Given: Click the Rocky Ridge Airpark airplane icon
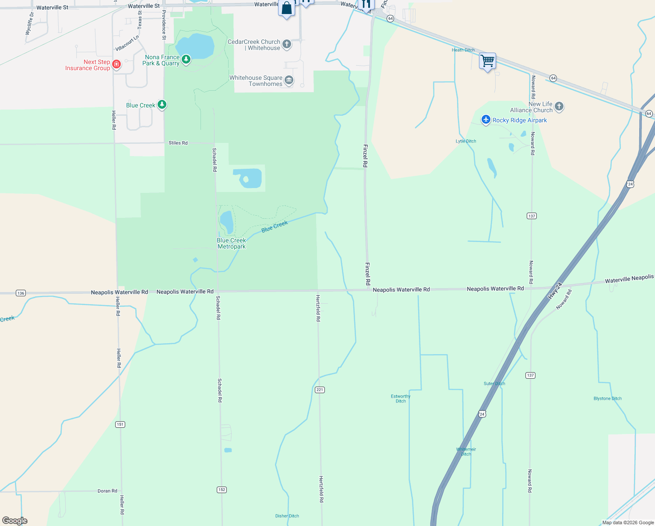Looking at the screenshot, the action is tap(486, 120).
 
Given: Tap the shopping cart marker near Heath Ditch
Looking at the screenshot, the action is tap(487, 60).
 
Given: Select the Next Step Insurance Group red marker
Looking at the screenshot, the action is tap(116, 65).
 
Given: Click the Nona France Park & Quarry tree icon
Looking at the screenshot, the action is tap(186, 59).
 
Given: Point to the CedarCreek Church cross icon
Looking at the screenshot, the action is tap(287, 44).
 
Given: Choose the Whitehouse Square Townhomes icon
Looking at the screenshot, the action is tap(289, 80).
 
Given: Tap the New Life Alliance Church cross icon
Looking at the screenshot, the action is tap(559, 107).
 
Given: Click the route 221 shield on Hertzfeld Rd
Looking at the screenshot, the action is tap(320, 390).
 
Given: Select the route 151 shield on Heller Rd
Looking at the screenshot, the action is tap(120, 424).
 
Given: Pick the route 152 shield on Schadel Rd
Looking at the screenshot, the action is tap(222, 490).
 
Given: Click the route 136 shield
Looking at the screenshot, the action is tap(21, 293).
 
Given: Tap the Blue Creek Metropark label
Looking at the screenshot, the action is tap(232, 243).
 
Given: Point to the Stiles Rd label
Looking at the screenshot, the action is tap(178, 143).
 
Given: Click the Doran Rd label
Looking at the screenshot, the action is tap(107, 491).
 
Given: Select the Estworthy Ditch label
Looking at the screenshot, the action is tap(401, 398).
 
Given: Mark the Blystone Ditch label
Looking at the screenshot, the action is tap(607, 398).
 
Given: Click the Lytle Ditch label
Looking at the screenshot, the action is tap(466, 141).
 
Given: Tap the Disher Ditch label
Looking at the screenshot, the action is tap(287, 516).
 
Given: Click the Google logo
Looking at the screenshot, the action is tap(15, 521).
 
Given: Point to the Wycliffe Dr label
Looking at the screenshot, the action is tap(29, 24).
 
